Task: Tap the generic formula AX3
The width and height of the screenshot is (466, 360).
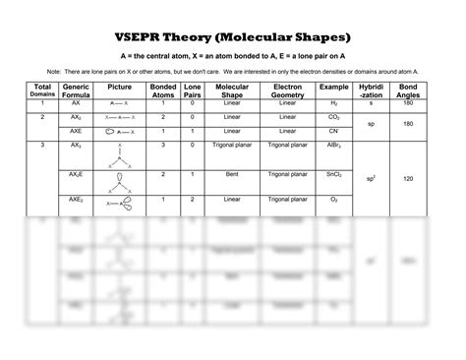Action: [76, 146]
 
